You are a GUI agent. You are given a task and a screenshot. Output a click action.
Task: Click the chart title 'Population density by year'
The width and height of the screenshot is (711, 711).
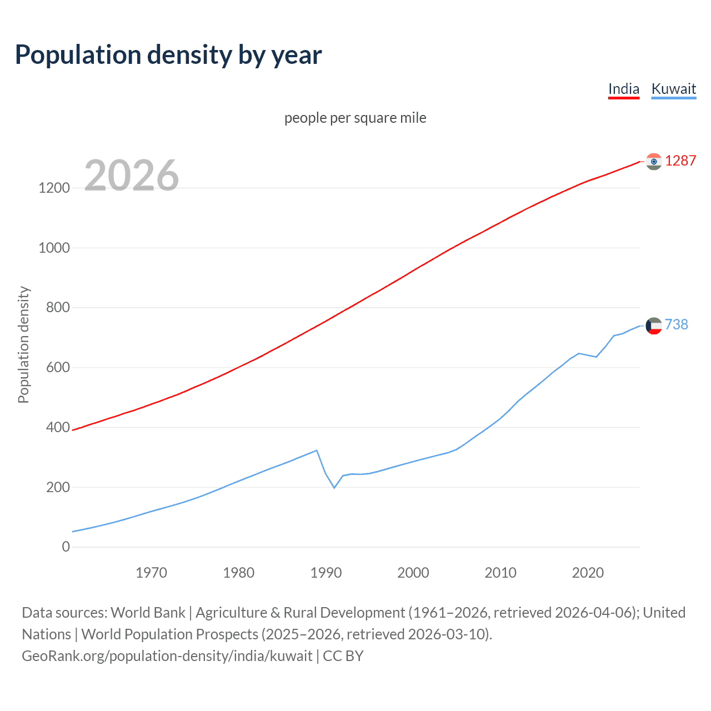point(168,55)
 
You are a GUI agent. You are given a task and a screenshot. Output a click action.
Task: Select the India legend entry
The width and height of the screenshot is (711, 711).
point(623,89)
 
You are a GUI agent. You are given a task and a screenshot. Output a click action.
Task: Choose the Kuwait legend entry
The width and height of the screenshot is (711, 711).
point(673,89)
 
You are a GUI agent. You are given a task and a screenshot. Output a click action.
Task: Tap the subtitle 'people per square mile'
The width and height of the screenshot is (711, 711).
point(355,118)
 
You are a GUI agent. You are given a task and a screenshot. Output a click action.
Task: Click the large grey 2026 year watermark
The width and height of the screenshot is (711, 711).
point(132,176)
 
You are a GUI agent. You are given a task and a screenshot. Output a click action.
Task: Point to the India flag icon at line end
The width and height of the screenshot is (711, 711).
point(654,161)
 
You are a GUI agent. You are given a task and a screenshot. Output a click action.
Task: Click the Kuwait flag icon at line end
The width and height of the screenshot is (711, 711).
point(654,326)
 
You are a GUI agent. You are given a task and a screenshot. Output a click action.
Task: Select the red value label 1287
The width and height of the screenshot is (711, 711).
point(680,161)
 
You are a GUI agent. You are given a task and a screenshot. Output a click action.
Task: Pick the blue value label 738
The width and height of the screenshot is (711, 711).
point(676,324)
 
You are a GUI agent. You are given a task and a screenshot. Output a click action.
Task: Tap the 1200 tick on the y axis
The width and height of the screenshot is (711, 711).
point(54,188)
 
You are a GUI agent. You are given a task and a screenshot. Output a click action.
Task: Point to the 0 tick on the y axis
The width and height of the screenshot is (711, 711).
point(66,547)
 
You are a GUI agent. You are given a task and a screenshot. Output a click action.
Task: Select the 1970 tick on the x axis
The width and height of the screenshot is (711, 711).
point(151,573)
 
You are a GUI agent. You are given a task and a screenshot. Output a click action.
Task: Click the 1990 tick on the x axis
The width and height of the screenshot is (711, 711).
point(326,573)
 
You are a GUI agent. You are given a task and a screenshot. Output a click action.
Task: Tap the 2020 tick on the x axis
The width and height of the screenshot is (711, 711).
point(588,573)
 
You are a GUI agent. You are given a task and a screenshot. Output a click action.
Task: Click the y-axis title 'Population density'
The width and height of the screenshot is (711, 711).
point(23,344)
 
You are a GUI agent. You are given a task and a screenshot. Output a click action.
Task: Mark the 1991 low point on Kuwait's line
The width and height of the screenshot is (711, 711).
point(334,488)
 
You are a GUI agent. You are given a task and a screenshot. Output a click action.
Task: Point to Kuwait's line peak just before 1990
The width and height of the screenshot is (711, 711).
point(317,450)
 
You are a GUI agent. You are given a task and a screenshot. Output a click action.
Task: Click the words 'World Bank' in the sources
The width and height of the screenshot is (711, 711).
point(148,613)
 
